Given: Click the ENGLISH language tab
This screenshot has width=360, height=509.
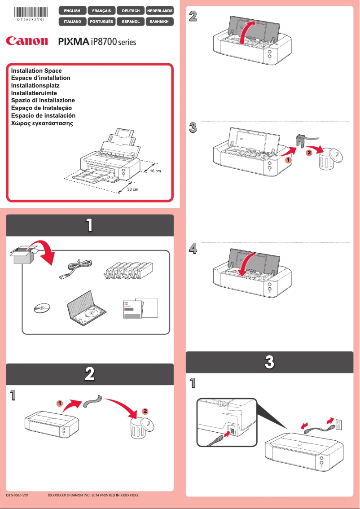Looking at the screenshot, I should (x=72, y=10).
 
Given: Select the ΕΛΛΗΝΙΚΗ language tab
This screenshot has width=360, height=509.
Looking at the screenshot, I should (x=160, y=21).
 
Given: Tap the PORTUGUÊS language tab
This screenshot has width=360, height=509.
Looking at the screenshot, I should (x=101, y=21).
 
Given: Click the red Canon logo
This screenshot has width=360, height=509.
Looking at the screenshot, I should (x=27, y=41).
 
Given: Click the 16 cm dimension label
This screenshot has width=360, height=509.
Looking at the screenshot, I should (x=155, y=171).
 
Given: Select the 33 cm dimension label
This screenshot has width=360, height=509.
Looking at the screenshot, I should (x=132, y=189).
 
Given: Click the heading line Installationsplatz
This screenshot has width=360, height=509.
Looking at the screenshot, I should (x=35, y=85).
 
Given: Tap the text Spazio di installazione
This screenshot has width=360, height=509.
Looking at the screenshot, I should (x=43, y=100).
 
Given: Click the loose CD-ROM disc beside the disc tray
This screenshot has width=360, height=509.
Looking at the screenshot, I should (x=41, y=308).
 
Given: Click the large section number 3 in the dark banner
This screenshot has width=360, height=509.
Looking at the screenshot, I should (x=269, y=362).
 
